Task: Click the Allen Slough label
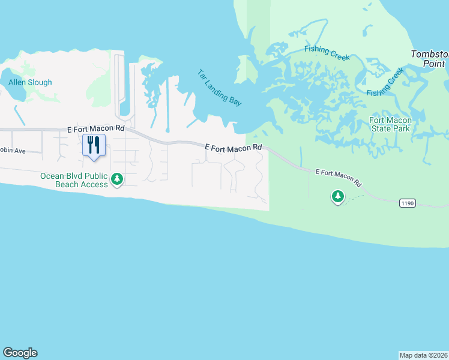coord(30,82)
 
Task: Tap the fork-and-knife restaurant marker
coord(93,145)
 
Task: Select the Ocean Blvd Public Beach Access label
coord(73,180)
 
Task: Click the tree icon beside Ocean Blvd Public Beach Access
coord(118,179)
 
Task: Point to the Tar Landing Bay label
coord(220,88)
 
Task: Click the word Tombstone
coord(429,54)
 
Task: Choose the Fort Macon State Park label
coord(390,124)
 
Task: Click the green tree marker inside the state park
coord(338,196)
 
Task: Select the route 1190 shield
coord(407,203)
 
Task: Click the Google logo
coord(20,353)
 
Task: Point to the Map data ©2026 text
coord(423,355)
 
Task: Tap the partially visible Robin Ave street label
coord(12,151)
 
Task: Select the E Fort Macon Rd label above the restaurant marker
coord(95,128)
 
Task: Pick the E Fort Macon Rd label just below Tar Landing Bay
coord(234,147)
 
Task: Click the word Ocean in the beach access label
coord(52,176)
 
